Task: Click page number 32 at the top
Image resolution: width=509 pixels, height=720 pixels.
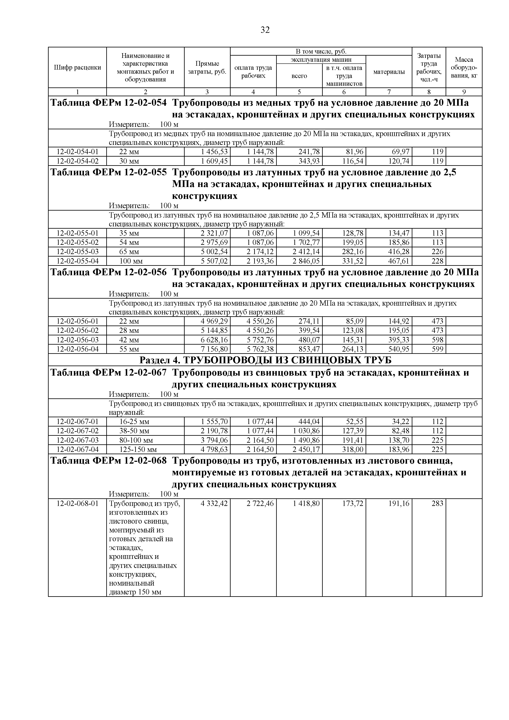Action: (x=265, y=30)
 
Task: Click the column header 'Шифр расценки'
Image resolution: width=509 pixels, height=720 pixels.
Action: (x=77, y=67)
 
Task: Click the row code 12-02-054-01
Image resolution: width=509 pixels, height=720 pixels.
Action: (x=77, y=152)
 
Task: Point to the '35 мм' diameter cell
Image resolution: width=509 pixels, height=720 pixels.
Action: (x=129, y=233)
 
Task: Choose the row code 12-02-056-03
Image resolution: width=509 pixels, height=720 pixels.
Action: (x=77, y=340)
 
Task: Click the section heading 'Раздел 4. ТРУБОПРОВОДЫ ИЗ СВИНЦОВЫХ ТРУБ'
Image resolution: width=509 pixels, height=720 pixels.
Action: (x=265, y=360)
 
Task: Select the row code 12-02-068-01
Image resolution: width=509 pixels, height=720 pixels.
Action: (x=77, y=503)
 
